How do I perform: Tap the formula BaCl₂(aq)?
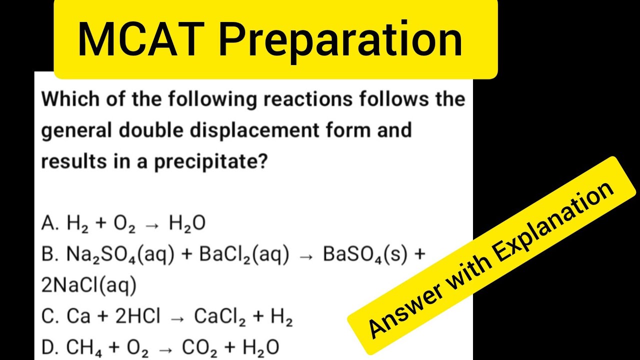(244, 255)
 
